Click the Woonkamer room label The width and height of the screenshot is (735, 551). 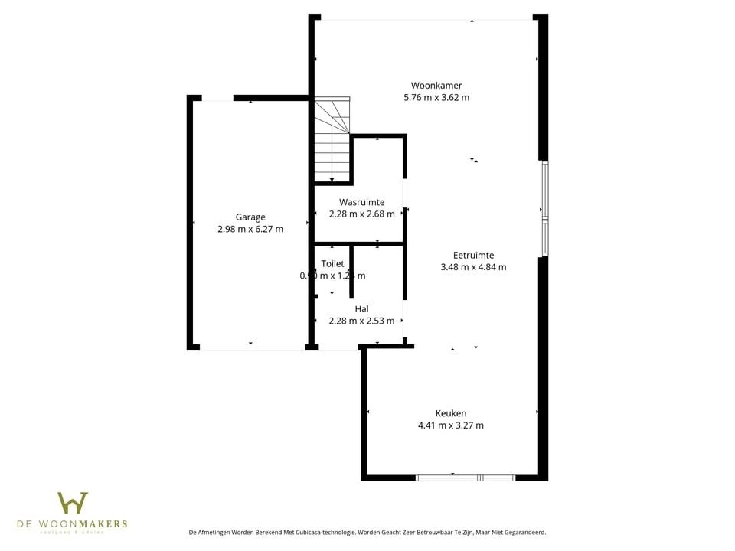pos(436,86)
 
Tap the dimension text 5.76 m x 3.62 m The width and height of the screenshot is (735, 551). pos(436,98)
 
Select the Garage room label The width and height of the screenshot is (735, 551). pos(250,217)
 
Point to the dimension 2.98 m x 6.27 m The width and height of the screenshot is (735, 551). pos(250,229)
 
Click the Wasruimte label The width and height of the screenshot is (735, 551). pos(361,202)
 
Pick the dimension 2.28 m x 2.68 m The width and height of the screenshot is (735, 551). pos(361,214)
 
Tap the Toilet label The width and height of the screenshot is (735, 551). pos(332,263)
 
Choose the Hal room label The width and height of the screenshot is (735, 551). pos(361,309)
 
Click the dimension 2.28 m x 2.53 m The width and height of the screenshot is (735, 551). pos(361,321)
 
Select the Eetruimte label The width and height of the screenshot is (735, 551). pos(473,255)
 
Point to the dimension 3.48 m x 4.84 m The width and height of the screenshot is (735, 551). pos(473,267)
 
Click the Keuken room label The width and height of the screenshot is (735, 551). pos(450,413)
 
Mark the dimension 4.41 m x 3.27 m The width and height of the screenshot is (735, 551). pos(450,425)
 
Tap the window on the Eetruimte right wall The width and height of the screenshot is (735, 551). pos(545,208)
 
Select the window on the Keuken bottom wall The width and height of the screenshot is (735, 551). pos(465,478)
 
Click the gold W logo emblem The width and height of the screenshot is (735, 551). pos(73,503)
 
